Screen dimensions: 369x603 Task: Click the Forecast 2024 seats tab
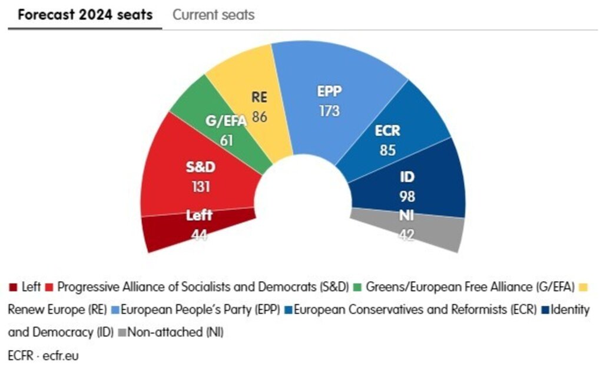click(x=85, y=15)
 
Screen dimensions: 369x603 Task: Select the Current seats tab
click(x=213, y=15)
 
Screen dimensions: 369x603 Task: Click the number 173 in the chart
click(x=329, y=110)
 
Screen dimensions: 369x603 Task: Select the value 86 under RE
click(x=259, y=117)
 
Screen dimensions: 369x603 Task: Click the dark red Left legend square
click(x=13, y=288)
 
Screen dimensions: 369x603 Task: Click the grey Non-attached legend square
click(x=122, y=332)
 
